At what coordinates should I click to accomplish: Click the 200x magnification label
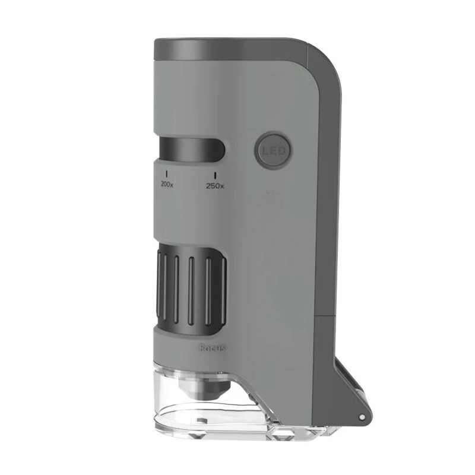[167, 185]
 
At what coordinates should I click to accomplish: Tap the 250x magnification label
[215, 186]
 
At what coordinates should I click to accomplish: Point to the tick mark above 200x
[167, 174]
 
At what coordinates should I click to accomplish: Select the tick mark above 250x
[215, 175]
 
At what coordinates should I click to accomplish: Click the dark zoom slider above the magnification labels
[191, 149]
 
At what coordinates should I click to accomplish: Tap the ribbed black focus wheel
[191, 291]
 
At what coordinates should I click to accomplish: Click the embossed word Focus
[213, 349]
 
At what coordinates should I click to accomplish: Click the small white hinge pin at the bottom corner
[362, 417]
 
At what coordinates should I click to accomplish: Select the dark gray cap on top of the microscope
[230, 50]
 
